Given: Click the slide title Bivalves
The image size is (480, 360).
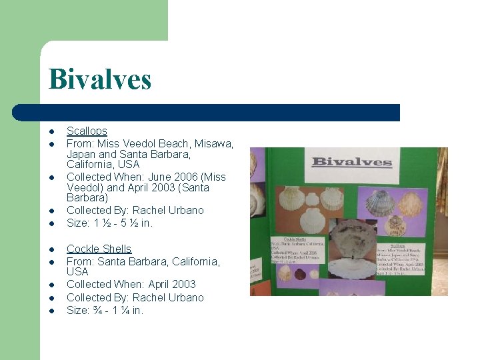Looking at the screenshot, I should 100,79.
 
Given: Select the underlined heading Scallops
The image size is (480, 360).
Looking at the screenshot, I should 87,131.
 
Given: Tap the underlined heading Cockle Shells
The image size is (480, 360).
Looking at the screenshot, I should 99,249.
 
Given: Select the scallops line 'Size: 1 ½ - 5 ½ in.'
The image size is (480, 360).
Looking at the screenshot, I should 109,223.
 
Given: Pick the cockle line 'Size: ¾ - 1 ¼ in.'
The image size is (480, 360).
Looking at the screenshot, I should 105,310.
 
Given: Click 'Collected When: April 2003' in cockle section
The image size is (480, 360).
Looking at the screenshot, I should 131,285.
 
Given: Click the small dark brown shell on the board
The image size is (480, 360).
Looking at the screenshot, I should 300,274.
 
